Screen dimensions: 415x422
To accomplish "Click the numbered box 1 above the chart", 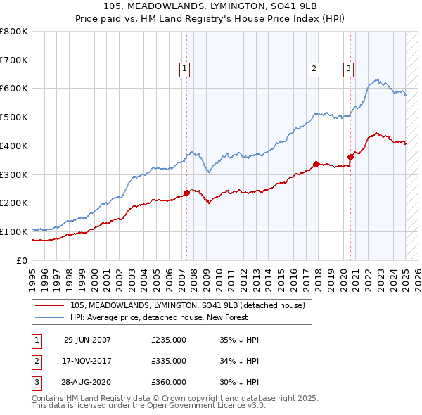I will pos(184,69).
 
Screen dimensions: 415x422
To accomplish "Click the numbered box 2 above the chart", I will pos(313,69).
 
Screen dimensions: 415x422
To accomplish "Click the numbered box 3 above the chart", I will pos(348,69).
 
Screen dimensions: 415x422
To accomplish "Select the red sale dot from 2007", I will pos(187,193).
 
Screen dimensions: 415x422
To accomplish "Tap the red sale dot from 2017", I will pos(316,164).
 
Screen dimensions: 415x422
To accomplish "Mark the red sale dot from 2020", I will pos(350,157).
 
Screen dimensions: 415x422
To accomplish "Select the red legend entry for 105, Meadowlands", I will pos(187,305).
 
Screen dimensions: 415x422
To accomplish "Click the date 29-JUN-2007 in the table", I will pos(87,340).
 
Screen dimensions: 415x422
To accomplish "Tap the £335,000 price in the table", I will pos(169,361).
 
